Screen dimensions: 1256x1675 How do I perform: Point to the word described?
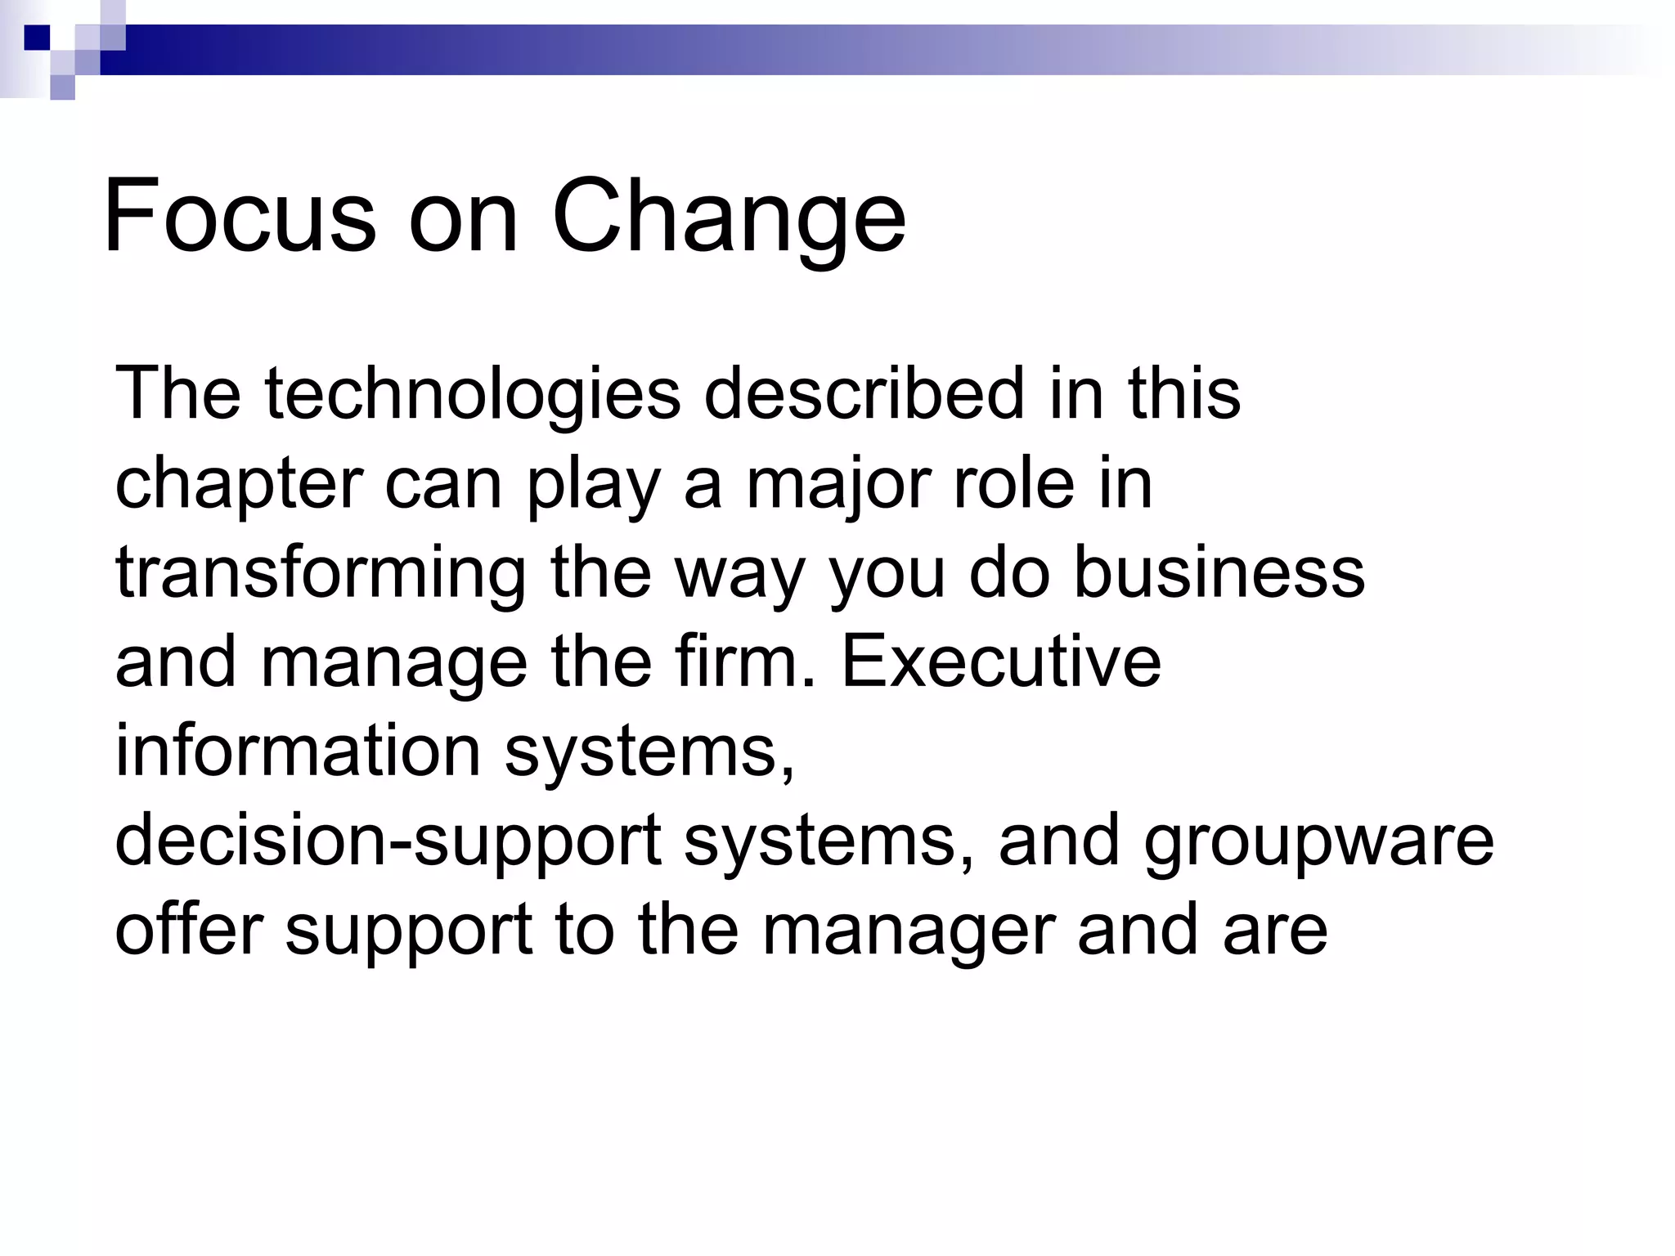coord(864,393)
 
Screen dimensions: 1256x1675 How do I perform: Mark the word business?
coord(1219,572)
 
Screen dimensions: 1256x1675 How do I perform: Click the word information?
coord(298,750)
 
